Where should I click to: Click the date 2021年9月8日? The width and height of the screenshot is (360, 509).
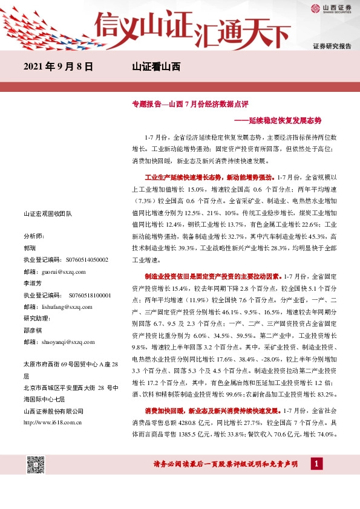(59, 67)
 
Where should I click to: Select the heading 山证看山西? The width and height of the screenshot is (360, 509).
(156, 67)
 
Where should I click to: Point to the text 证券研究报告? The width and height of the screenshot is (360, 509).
(332, 46)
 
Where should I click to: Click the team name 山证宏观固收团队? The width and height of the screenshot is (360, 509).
(47, 214)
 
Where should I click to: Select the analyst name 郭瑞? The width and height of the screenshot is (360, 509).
(30, 248)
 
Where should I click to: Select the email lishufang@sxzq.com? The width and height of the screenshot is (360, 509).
(67, 306)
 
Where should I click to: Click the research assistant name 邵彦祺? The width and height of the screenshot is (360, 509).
(33, 330)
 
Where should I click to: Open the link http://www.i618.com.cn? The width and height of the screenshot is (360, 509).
(53, 422)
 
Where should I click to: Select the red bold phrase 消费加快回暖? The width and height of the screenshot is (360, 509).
(160, 412)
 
